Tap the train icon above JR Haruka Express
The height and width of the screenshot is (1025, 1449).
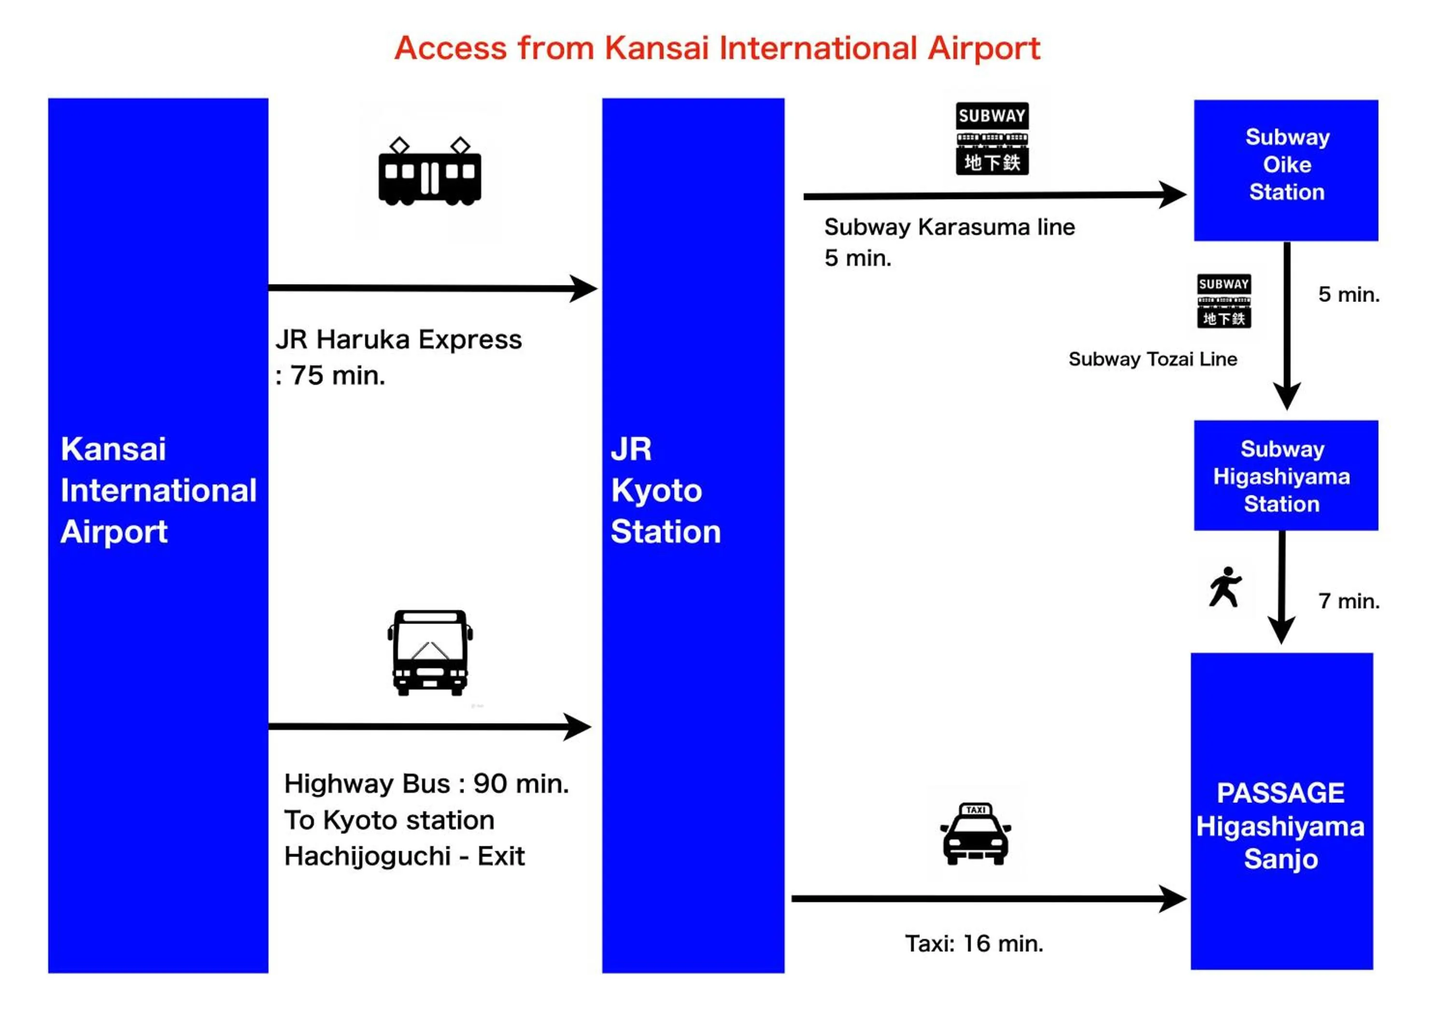[430, 172]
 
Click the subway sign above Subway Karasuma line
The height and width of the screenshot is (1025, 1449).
[992, 138]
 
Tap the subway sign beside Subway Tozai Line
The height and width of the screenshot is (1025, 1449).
[1224, 301]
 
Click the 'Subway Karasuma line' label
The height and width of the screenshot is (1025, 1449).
[949, 227]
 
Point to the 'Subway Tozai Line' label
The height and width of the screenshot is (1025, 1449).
[1152, 359]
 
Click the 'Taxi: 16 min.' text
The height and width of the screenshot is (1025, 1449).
[974, 943]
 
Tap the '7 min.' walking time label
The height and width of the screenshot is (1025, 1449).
[1349, 601]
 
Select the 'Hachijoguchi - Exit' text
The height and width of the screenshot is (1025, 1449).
[404, 856]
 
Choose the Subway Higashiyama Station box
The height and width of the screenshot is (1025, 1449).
[1286, 476]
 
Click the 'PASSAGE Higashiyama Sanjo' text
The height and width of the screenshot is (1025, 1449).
[1280, 826]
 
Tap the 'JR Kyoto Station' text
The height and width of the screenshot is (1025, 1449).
[665, 490]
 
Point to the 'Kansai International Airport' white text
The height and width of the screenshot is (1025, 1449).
[158, 490]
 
